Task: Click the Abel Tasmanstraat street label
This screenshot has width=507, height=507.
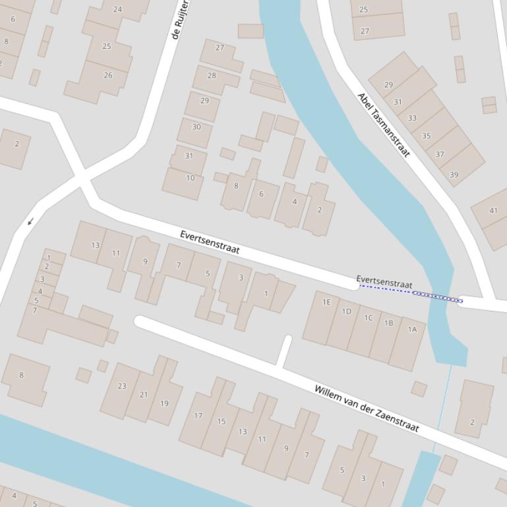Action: [384, 125]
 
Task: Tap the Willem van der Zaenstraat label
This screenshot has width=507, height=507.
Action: [366, 408]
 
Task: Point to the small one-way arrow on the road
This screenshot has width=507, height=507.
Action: [30, 222]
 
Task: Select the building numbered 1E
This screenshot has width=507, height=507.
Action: [326, 302]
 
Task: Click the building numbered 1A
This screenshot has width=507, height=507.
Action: [412, 329]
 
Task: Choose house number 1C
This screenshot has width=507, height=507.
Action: [368, 318]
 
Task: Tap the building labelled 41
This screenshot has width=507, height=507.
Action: [493, 211]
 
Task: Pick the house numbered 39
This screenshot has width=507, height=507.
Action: [454, 174]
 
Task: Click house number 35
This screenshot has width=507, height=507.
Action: [426, 136]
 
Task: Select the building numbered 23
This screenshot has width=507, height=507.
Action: [122, 386]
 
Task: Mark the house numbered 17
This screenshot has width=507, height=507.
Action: [198, 415]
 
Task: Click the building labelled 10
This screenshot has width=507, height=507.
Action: [190, 178]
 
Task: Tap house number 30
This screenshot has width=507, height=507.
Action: [196, 127]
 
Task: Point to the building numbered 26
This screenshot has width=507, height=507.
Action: [107, 76]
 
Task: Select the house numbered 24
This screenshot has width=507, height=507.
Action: [117, 10]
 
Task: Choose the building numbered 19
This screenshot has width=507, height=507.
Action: [164, 404]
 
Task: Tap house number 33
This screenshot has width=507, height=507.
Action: [412, 119]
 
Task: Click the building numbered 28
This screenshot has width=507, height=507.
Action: [212, 76]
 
